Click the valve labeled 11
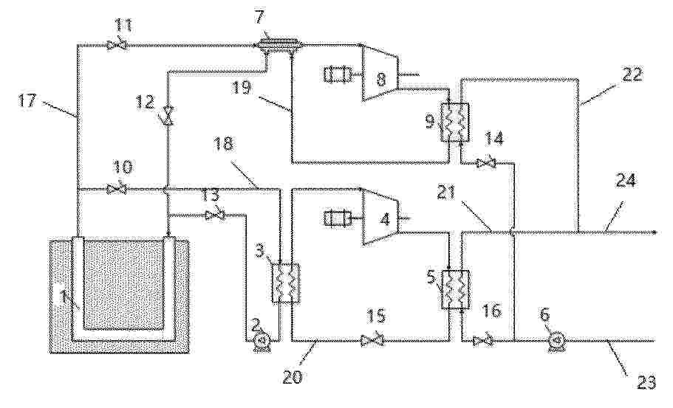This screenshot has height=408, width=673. coord(117,44)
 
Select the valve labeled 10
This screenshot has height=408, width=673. coord(116,189)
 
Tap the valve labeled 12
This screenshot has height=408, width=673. coord(168,116)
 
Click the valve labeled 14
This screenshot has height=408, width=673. coord(486,163)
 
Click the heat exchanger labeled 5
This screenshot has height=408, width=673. coord(454,289)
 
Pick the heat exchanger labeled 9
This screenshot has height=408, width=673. coord(454,122)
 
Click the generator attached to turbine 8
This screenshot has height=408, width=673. coord(337,75)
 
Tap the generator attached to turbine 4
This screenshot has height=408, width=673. coord(337,218)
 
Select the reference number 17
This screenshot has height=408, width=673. coord(28,101)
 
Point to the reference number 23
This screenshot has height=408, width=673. coord(646,382)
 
